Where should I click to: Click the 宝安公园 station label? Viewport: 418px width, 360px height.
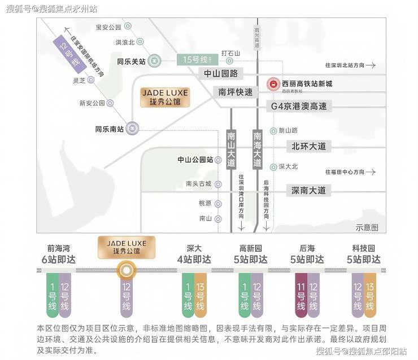[108, 27]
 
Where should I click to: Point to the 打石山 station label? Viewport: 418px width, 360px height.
[230, 53]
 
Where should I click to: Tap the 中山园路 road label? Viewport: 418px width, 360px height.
[221, 73]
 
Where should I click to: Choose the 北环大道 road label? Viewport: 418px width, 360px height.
[308, 146]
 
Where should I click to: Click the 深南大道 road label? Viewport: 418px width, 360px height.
[308, 190]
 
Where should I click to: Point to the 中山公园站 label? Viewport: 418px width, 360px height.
[195, 160]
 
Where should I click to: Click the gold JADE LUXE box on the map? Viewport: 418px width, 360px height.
[165, 97]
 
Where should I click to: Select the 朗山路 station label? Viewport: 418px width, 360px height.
[288, 130]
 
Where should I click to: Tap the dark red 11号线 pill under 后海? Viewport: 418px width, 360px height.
[301, 295]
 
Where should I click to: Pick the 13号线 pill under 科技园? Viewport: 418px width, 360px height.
[370, 295]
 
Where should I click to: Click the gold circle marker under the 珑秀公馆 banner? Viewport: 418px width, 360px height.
[126, 271]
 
